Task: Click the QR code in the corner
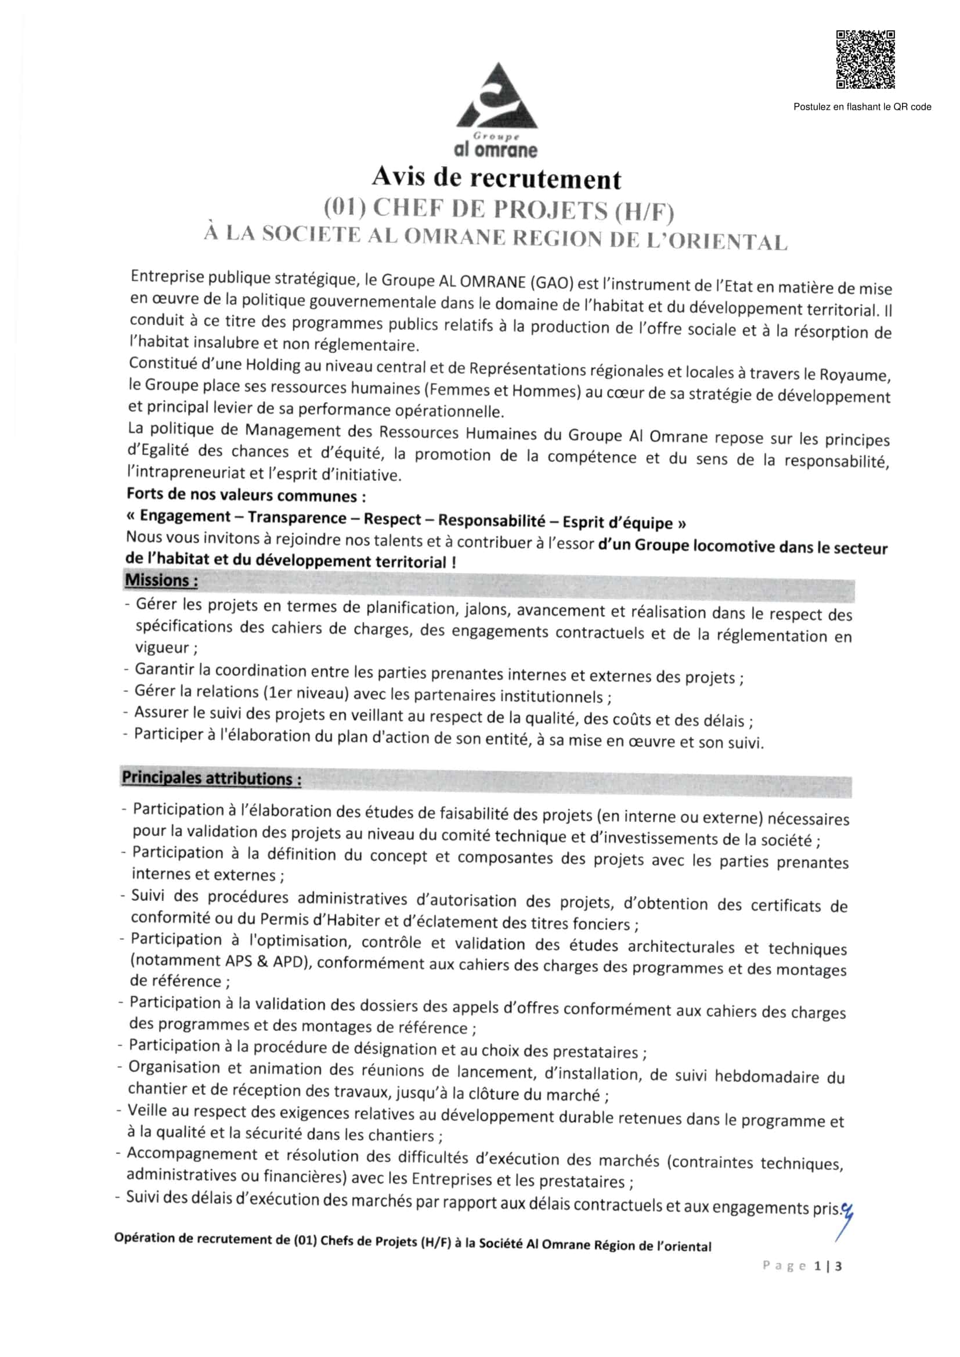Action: click(865, 59)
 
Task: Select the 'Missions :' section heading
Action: click(161, 580)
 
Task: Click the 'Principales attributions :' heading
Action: click(212, 778)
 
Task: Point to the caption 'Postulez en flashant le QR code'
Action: click(862, 107)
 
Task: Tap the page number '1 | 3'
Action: click(828, 1265)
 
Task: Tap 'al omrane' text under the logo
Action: click(495, 150)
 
